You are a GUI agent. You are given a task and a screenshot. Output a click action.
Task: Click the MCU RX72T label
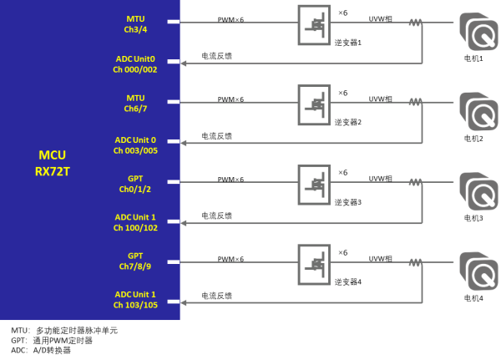click(x=52, y=163)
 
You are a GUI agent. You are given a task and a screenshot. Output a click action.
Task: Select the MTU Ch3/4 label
click(x=135, y=23)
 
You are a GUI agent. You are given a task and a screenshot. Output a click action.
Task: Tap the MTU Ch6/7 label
click(x=135, y=104)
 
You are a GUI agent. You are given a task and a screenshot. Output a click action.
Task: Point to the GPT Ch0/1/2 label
click(x=135, y=184)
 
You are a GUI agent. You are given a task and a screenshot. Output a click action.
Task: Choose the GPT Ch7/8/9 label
click(x=135, y=261)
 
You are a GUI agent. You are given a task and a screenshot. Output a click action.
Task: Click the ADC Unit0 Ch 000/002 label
click(x=135, y=64)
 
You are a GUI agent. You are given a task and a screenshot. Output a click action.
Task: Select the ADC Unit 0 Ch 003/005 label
click(x=135, y=145)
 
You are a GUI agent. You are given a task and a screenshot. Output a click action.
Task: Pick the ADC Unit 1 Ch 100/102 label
click(x=135, y=222)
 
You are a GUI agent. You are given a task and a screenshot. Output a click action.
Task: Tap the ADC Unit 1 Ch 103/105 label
click(x=135, y=301)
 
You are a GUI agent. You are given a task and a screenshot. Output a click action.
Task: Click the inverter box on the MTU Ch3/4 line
click(x=314, y=24)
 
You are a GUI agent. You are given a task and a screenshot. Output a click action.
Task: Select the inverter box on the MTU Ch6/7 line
click(x=314, y=104)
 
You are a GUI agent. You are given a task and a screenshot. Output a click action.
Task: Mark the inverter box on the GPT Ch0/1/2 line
click(x=314, y=185)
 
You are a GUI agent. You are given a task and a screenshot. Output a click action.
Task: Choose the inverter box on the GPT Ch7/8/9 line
click(x=314, y=264)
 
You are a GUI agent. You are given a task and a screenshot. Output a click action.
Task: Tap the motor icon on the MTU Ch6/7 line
click(x=478, y=111)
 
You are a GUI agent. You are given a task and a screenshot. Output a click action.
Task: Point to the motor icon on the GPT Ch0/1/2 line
click(x=478, y=190)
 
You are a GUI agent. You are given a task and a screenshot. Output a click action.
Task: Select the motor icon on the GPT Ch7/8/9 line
click(x=478, y=270)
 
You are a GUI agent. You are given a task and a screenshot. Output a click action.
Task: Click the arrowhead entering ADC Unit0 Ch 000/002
click(x=185, y=63)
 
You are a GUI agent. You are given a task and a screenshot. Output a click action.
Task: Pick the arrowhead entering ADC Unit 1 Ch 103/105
click(x=185, y=302)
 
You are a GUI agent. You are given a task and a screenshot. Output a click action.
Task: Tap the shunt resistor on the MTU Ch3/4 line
click(x=414, y=23)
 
